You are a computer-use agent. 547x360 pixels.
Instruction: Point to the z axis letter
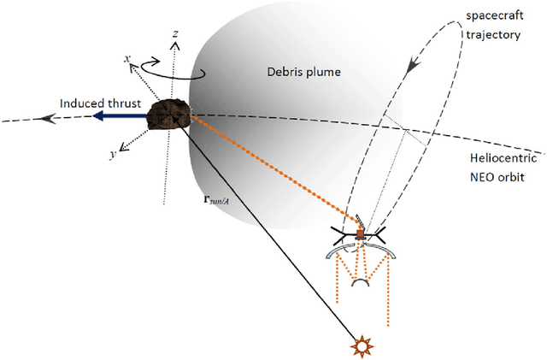coord(174,33)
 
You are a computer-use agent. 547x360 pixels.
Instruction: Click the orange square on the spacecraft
coord(360,234)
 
